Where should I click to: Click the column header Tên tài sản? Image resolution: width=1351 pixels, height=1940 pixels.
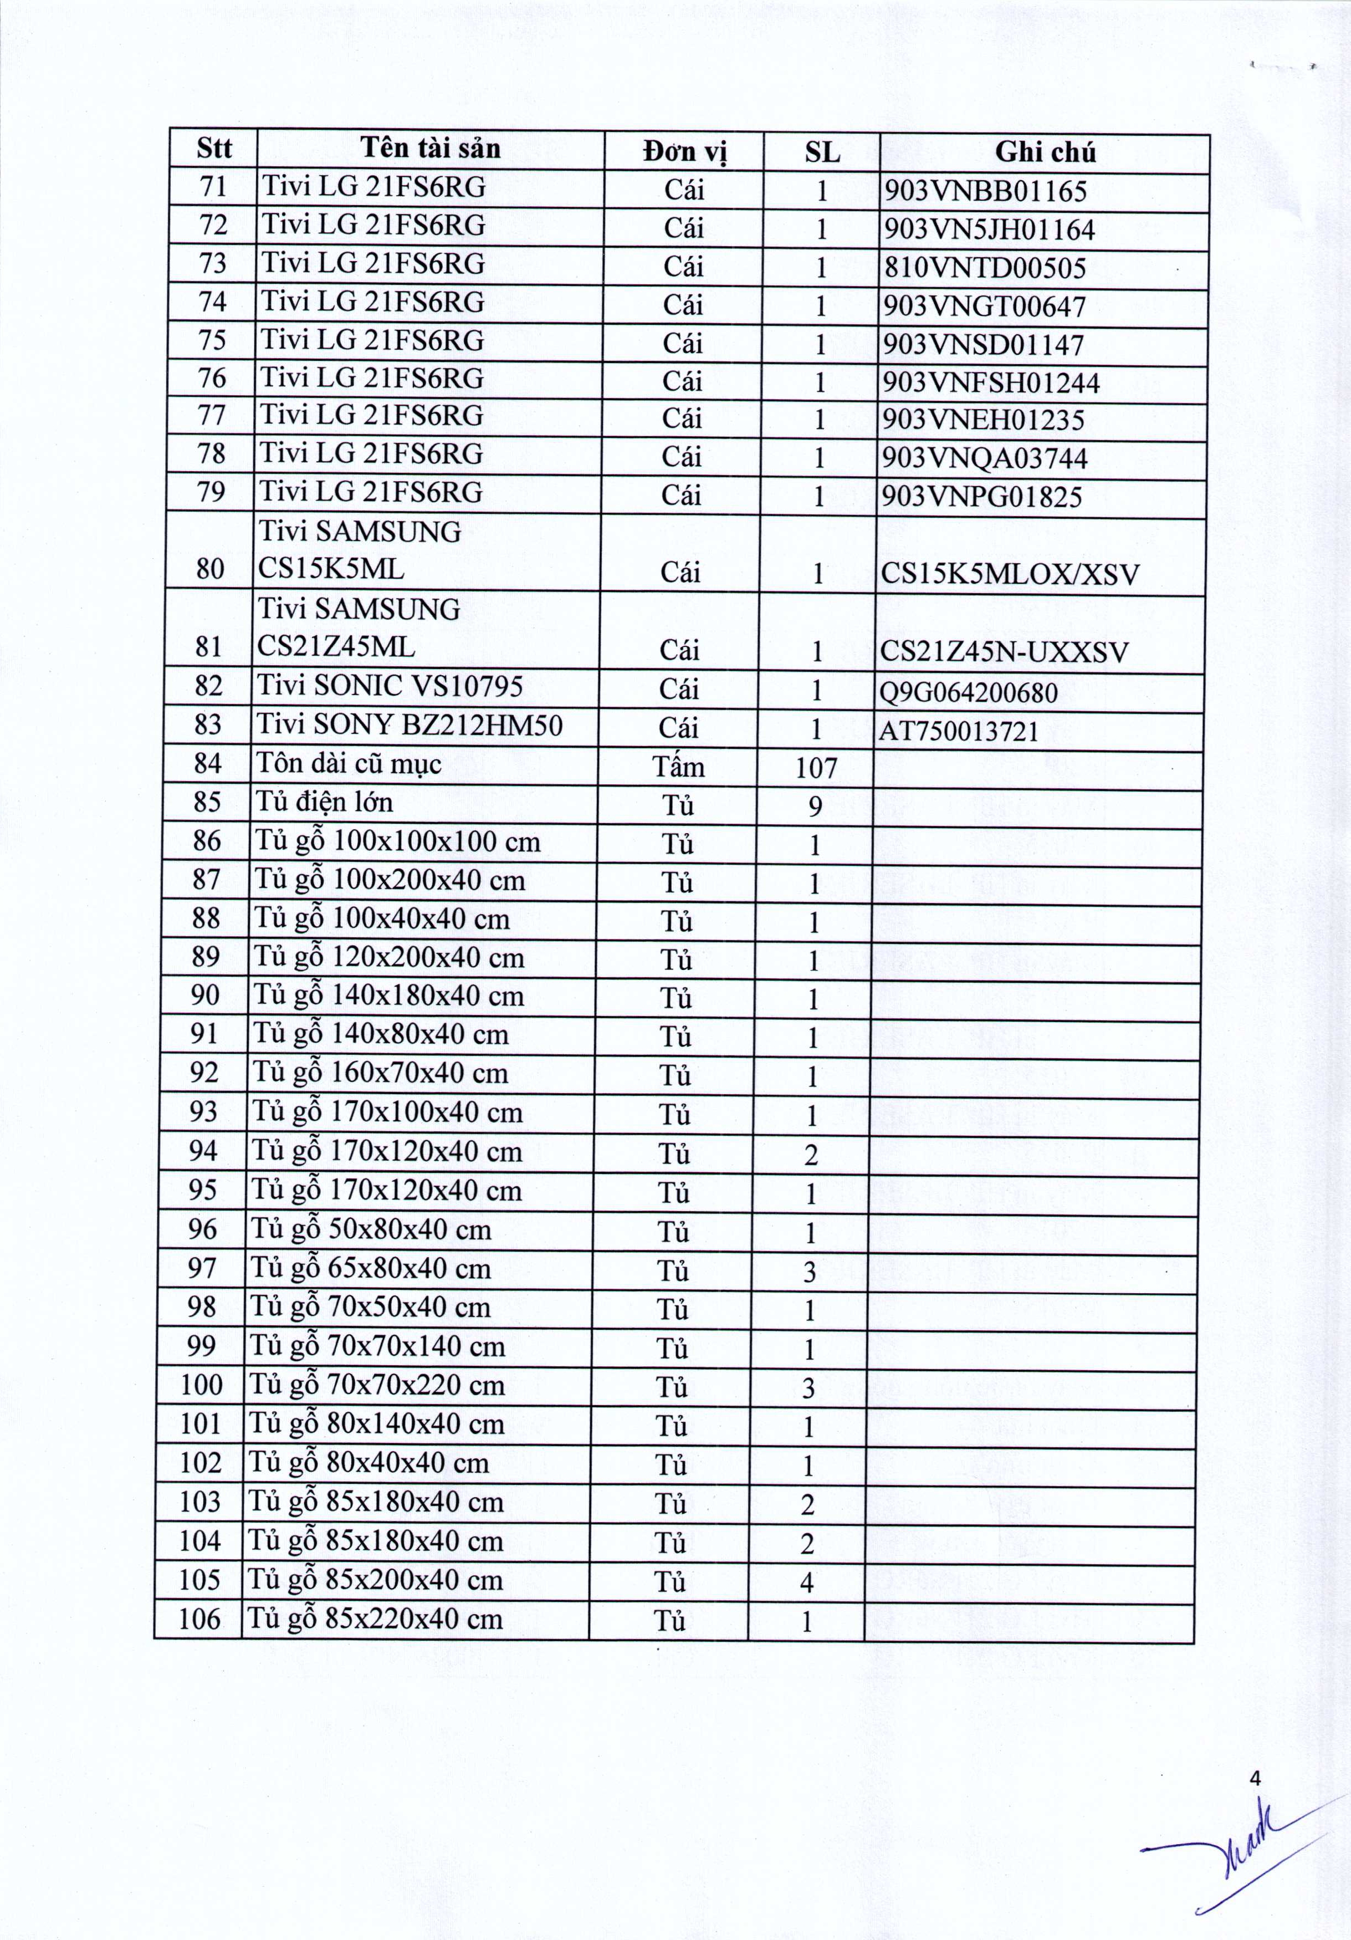[x=430, y=149]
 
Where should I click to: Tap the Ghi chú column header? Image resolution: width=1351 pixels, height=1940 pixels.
[x=1045, y=152]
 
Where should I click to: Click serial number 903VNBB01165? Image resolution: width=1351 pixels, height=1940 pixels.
[x=984, y=192]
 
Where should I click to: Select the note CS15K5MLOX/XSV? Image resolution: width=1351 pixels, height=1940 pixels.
[x=1010, y=575]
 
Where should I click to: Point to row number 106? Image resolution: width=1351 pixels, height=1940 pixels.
[x=199, y=1620]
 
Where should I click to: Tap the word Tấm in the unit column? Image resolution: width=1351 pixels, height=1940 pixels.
[x=678, y=767]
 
